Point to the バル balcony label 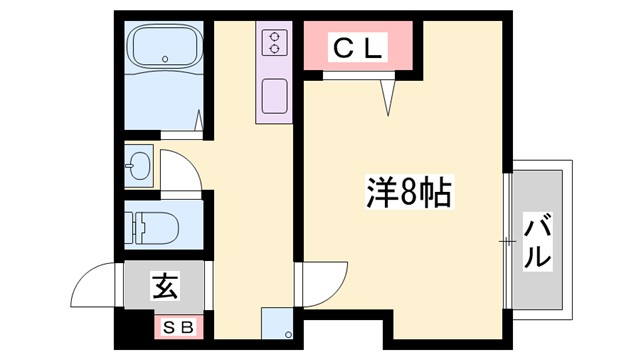tap(537, 240)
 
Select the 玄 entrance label tap(164, 288)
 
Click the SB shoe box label tap(178, 325)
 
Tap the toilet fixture tap(154, 229)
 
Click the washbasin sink tap(140, 166)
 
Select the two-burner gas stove tap(273, 42)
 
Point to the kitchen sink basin tap(273, 97)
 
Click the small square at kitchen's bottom tap(276, 325)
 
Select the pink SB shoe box tap(178, 325)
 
